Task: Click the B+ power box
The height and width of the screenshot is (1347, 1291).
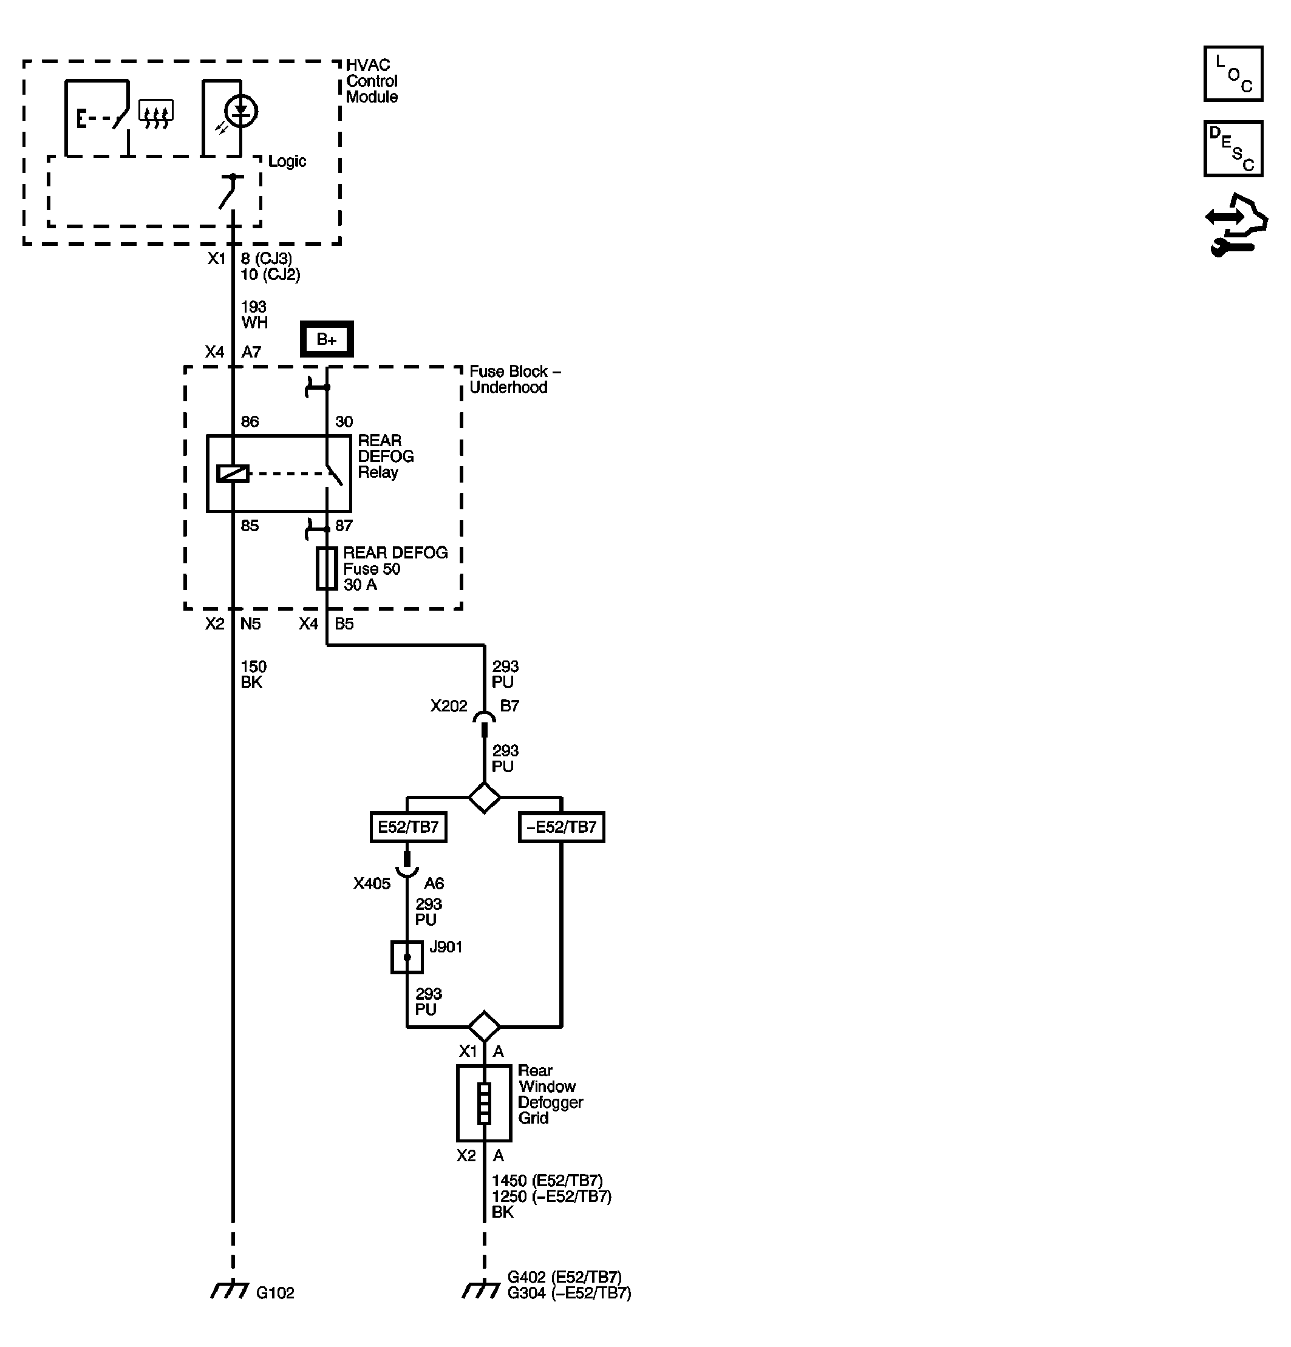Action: tap(327, 339)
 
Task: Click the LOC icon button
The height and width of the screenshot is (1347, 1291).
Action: tap(1233, 73)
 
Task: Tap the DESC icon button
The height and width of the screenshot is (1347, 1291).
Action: tap(1233, 149)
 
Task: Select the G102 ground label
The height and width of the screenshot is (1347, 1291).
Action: tap(275, 1293)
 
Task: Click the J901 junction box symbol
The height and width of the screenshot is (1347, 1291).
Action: tap(407, 957)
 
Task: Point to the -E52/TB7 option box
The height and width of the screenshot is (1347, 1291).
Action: tap(561, 827)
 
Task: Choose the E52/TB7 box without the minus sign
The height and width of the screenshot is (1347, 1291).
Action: tap(408, 827)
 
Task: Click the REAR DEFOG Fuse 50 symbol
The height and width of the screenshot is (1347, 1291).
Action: tap(327, 568)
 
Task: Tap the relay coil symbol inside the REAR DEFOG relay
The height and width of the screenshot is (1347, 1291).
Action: tap(233, 473)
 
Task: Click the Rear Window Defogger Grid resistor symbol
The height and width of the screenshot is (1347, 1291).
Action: tap(484, 1103)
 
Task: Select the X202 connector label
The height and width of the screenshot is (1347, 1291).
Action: tap(448, 706)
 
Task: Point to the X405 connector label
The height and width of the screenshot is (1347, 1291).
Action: tap(372, 883)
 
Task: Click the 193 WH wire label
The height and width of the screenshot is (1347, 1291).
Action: tap(254, 315)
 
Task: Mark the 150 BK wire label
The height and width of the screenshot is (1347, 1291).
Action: tap(253, 674)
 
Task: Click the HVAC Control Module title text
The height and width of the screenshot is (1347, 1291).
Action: tap(371, 81)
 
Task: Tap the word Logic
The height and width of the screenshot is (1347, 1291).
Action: tap(287, 161)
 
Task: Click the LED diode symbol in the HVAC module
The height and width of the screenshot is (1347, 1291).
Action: tap(240, 111)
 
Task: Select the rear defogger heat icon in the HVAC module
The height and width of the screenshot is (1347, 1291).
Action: tap(156, 114)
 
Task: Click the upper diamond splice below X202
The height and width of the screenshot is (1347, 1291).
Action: tap(484, 797)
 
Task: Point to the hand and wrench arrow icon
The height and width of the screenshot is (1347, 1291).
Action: tap(1235, 225)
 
